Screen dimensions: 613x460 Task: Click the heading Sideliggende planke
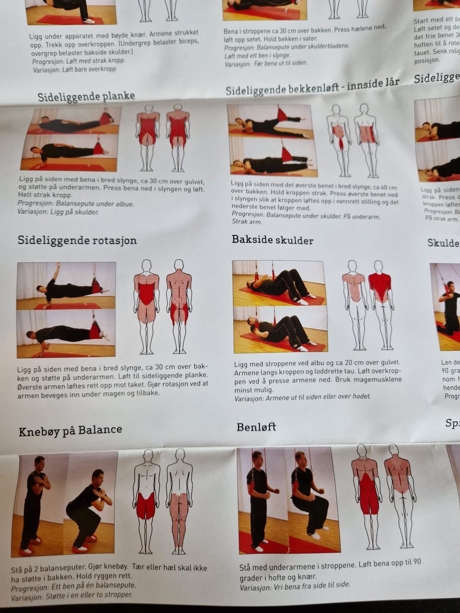(x=86, y=96)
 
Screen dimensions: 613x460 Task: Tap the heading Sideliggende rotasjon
(x=77, y=240)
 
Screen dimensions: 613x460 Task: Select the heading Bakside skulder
(x=272, y=239)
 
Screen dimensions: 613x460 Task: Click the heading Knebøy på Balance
(x=70, y=431)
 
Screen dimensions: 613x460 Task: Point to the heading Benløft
(x=256, y=427)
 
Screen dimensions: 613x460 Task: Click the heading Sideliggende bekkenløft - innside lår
(x=312, y=87)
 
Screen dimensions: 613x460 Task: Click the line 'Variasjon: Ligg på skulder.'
(x=58, y=211)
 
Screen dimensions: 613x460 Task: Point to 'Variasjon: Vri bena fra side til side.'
(x=295, y=585)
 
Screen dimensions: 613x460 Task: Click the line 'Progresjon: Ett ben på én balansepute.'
(x=73, y=585)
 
